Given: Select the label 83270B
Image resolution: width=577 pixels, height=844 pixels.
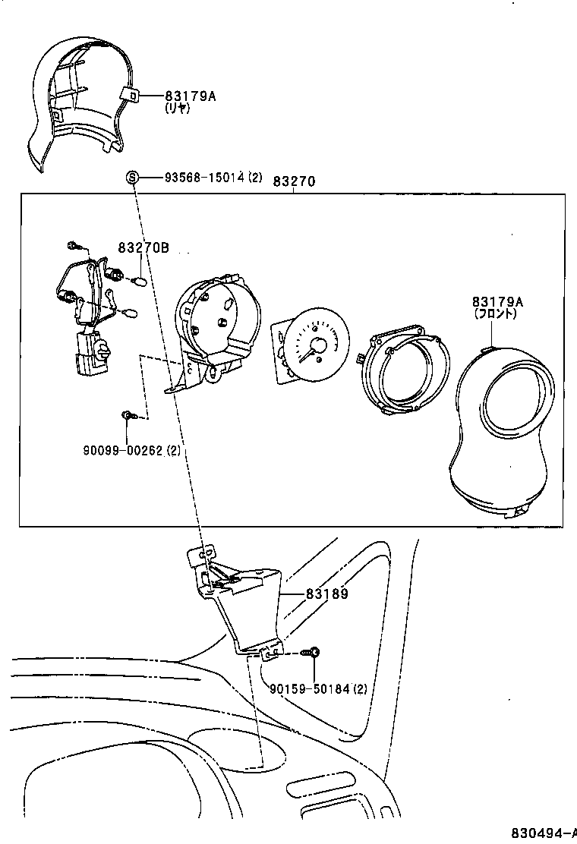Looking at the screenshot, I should pyautogui.click(x=143, y=247).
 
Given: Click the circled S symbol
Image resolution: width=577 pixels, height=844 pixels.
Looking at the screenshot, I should pyautogui.click(x=132, y=178).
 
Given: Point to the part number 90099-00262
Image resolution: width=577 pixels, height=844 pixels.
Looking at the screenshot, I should pyautogui.click(x=123, y=450).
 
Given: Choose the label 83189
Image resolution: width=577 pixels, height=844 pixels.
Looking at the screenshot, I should pyautogui.click(x=327, y=594).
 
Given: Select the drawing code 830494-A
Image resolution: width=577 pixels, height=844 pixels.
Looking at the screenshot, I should pyautogui.click(x=541, y=832).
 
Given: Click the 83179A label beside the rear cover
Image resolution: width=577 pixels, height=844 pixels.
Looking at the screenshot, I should pyautogui.click(x=191, y=96).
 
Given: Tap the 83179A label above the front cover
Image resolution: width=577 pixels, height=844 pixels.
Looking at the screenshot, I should pyautogui.click(x=497, y=301).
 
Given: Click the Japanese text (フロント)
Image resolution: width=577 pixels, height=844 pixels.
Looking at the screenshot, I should pyautogui.click(x=497, y=313).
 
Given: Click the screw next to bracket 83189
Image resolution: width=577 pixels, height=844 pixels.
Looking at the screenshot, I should pyautogui.click(x=312, y=652).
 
